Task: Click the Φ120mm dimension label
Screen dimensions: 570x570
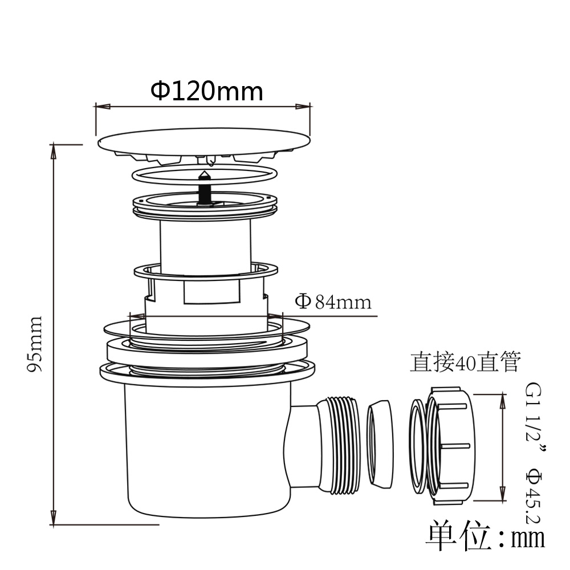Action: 207,91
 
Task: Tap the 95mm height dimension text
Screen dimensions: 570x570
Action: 35,344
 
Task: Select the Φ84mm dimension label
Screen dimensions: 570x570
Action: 333,302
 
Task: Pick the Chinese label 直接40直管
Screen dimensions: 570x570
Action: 465,362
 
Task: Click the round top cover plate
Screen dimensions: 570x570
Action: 204,140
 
